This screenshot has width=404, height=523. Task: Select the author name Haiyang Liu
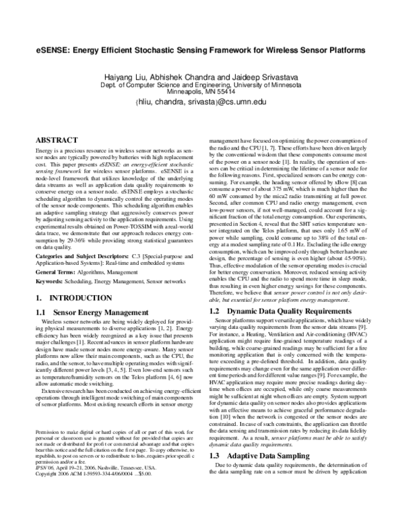pos(125,77)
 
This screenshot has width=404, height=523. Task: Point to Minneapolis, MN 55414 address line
pos(201,91)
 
